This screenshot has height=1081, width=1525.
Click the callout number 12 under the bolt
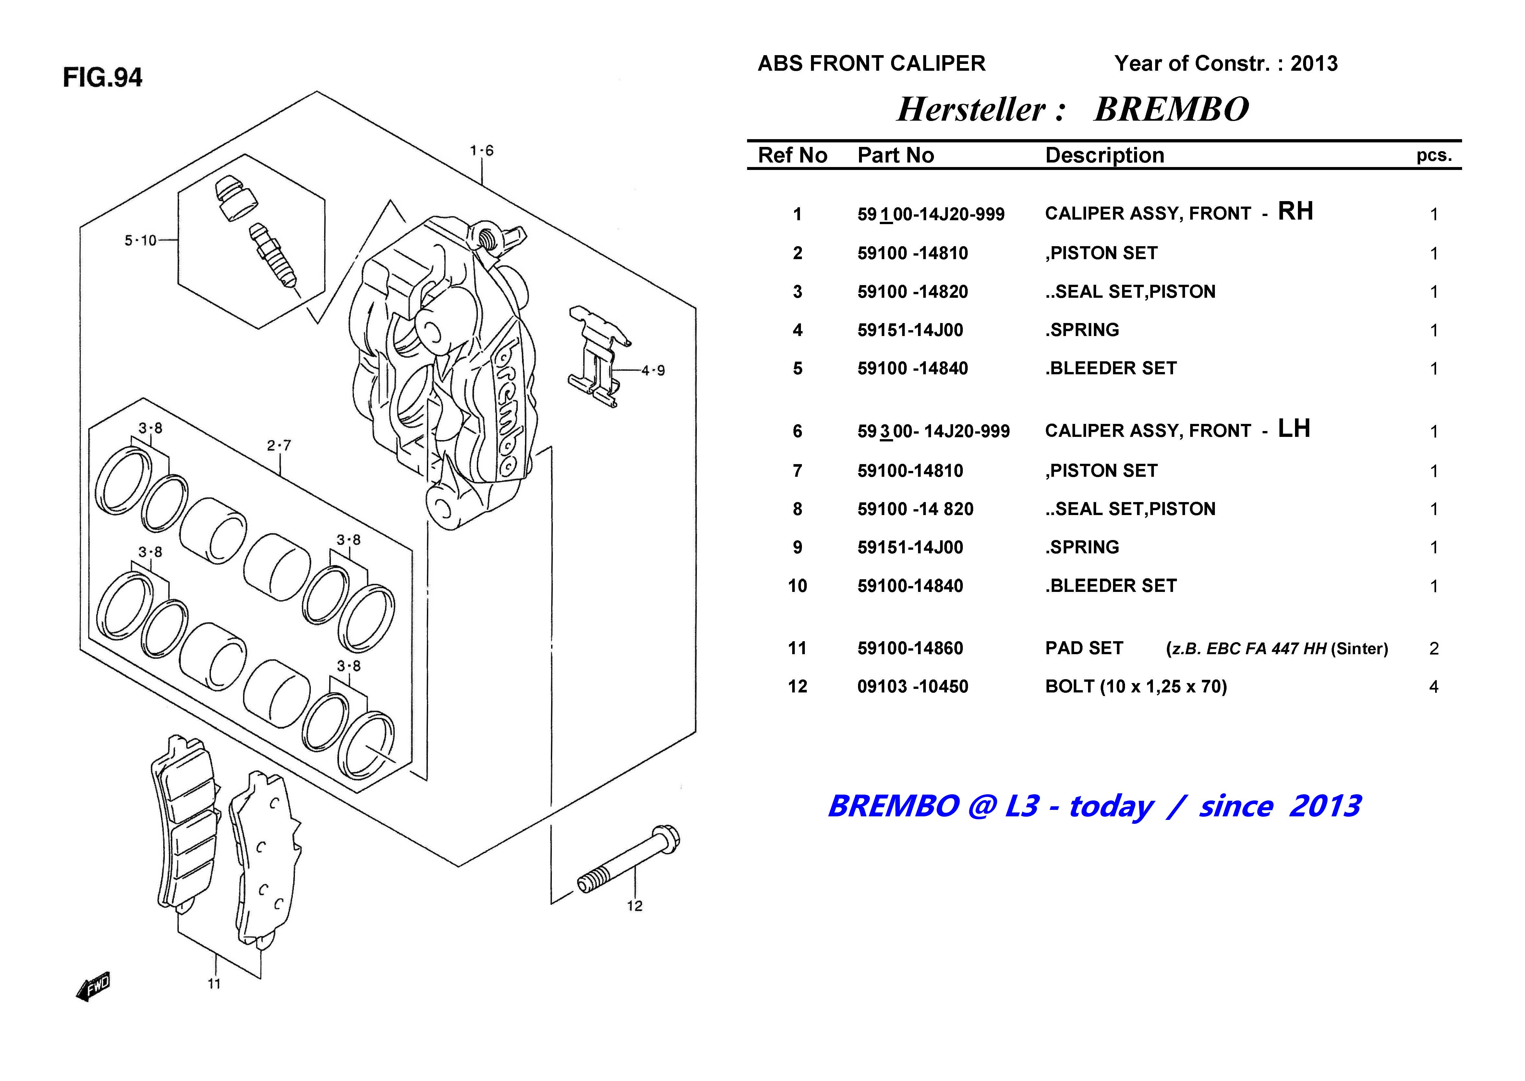[x=635, y=906]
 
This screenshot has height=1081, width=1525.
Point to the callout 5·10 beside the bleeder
[x=140, y=240]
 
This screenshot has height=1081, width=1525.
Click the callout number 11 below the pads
[x=214, y=984]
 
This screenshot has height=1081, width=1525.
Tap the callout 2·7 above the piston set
[x=279, y=445]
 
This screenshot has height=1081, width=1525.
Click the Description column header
[x=1104, y=155]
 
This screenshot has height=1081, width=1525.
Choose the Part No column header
[x=895, y=155]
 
